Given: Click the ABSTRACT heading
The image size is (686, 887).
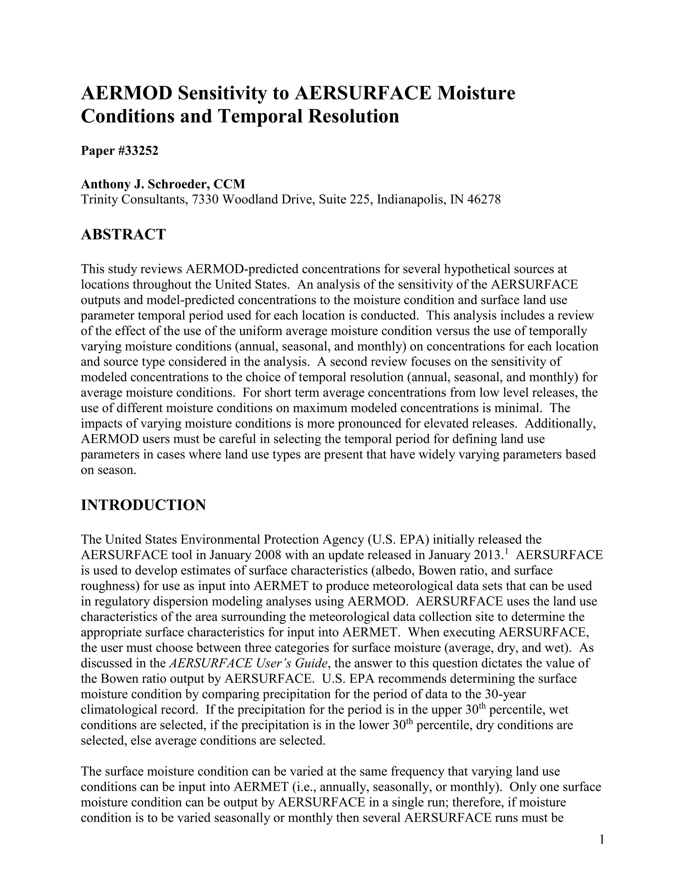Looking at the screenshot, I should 123,234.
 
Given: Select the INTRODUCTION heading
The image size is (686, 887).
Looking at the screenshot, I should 143,505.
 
